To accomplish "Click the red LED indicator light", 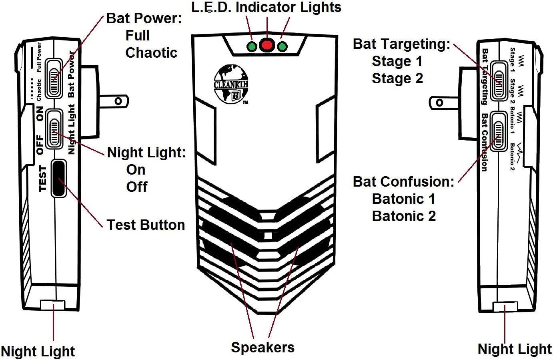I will [x=267, y=44].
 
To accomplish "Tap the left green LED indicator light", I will [x=252, y=46].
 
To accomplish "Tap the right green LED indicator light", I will [x=283, y=46].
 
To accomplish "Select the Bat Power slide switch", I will [x=54, y=78].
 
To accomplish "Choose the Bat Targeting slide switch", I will [x=499, y=80].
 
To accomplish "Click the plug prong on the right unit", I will [x=444, y=103].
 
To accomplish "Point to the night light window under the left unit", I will [x=52, y=306].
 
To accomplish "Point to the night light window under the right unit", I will [x=505, y=307].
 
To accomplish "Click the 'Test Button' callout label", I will [x=146, y=225].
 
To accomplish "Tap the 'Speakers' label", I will [x=262, y=347].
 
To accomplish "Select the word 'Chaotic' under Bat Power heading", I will [x=151, y=53].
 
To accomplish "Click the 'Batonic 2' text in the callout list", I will [x=404, y=216].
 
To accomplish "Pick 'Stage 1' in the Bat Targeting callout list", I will [x=397, y=61].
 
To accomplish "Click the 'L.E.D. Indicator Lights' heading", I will [x=266, y=7].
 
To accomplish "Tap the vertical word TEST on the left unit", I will [x=43, y=179].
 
